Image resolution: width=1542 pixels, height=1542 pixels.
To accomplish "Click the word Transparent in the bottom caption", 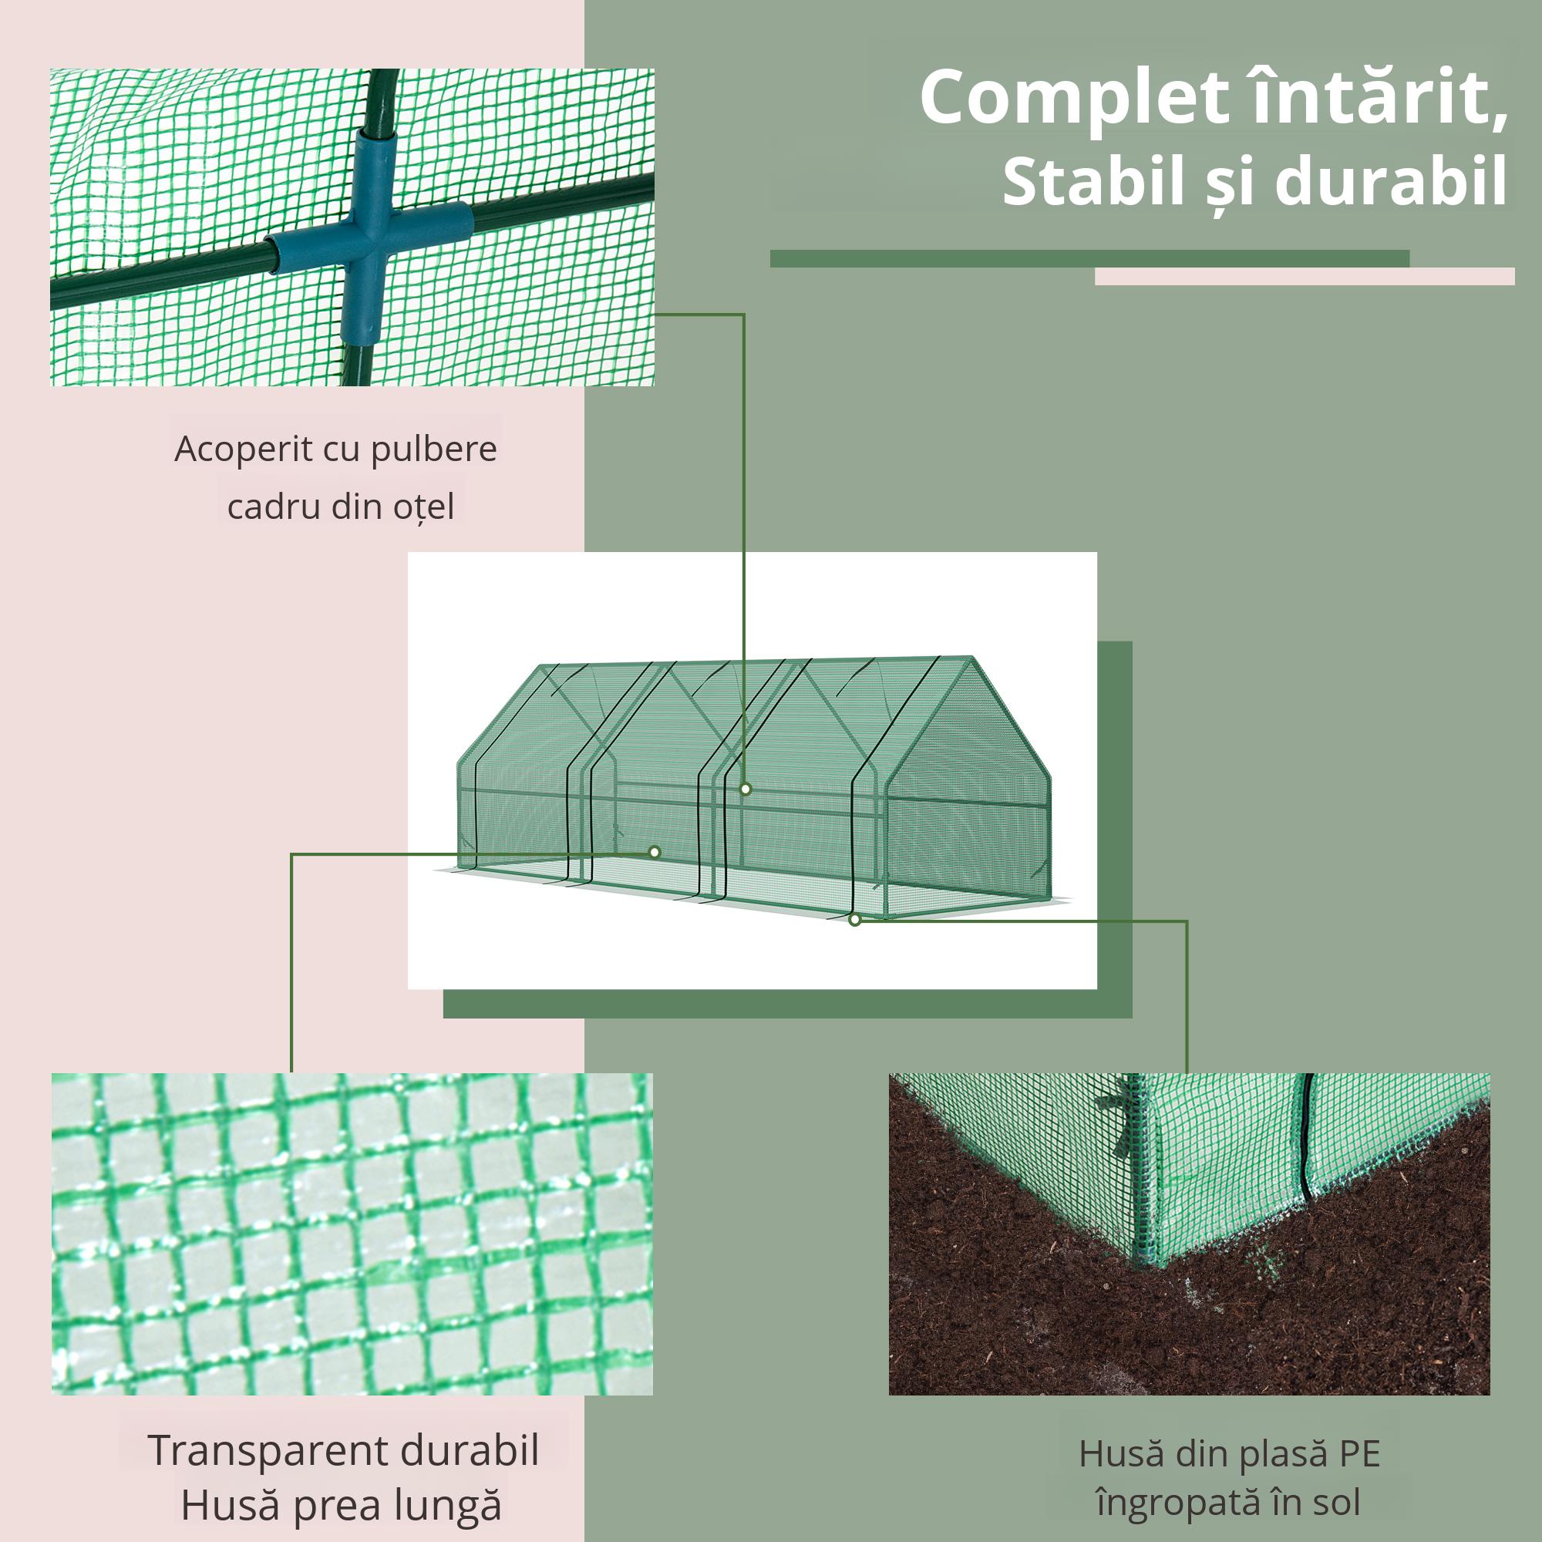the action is pos(267,1450).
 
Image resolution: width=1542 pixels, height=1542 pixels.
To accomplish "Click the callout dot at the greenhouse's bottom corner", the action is pos(855,921).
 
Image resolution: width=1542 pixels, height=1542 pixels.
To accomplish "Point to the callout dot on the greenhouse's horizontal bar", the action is pos(746,790).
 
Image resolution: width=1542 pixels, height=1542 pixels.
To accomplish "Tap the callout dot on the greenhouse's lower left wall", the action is pos(655,853).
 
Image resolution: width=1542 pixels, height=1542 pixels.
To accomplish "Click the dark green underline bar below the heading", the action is pos(1089,258).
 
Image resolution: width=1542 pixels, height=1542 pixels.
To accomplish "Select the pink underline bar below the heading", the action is pos(1305,276).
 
